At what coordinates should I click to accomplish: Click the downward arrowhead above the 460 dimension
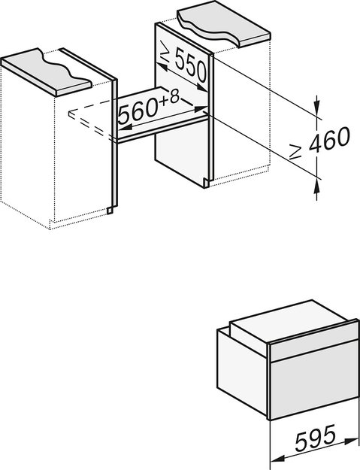click(316, 105)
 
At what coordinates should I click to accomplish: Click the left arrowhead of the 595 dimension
click(274, 456)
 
